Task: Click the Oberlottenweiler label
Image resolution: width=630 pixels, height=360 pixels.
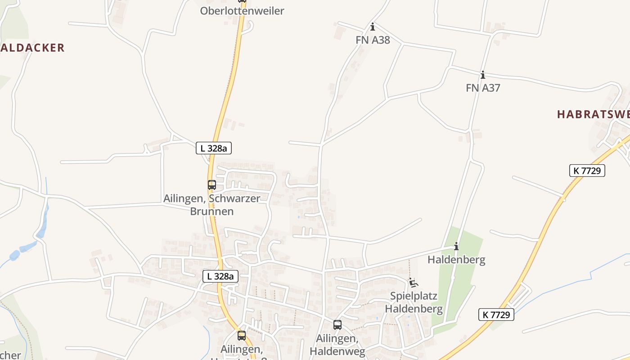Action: coord(242,11)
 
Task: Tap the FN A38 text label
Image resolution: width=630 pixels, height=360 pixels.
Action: coord(373,40)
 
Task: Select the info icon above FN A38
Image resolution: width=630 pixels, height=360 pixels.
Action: coord(373,27)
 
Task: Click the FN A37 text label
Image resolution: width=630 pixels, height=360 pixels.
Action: coord(483,88)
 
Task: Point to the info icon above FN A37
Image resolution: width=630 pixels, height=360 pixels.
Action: coord(483,75)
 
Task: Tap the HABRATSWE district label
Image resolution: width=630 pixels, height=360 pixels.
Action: coord(593,114)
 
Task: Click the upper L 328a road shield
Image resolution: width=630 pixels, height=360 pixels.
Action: coord(214,148)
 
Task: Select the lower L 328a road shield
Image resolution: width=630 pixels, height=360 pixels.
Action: coord(220,276)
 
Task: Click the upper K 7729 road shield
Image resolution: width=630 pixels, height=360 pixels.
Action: coord(587,171)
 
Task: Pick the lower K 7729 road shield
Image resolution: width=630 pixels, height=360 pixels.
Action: coord(496,315)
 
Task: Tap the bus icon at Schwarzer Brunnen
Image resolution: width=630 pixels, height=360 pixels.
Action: coord(211,185)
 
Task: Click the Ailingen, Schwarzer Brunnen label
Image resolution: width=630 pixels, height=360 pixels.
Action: coord(211,205)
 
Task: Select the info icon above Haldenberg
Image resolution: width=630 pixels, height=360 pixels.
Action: coord(456,247)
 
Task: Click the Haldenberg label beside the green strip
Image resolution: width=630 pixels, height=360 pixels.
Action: coord(456,260)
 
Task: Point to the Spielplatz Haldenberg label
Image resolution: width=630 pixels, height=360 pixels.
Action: coord(414,302)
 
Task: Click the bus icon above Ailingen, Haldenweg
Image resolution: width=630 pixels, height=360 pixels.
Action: coord(337,324)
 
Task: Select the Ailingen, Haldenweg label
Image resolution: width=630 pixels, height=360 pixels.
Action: coord(337,344)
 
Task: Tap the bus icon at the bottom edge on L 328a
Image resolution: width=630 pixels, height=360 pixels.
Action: coord(242,336)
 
